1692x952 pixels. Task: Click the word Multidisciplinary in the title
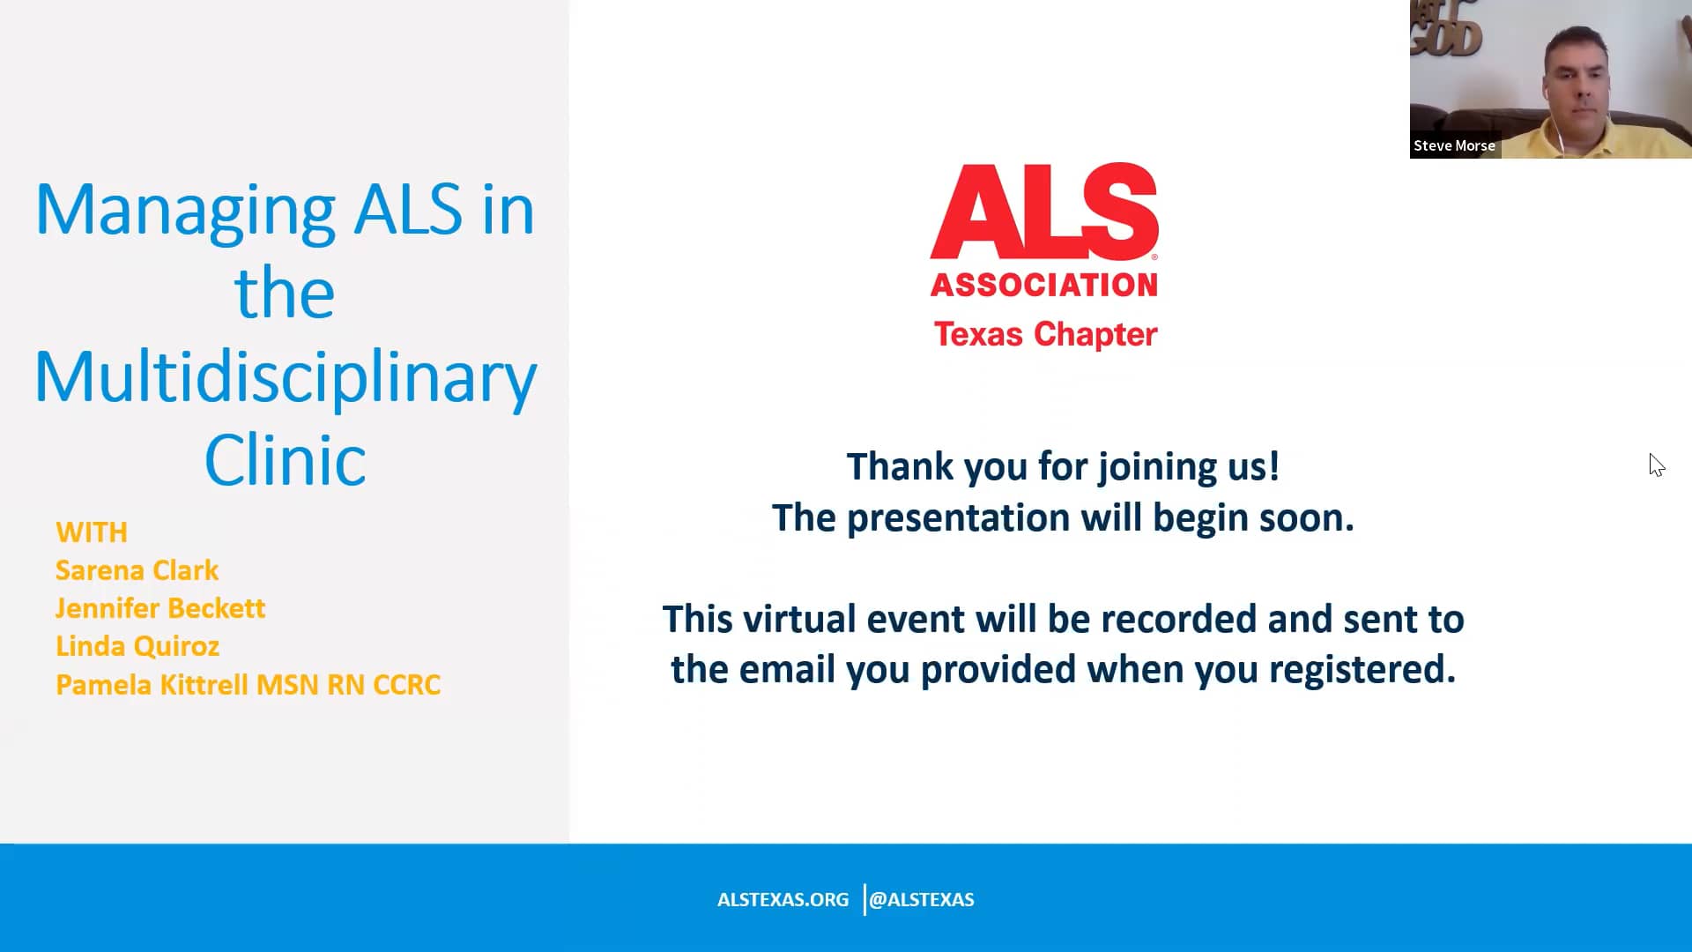point(285,376)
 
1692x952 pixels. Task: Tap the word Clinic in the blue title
point(285,460)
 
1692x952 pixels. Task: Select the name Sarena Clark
point(137,570)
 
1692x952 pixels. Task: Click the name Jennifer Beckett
point(160,608)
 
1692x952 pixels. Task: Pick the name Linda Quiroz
point(137,646)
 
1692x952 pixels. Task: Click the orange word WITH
point(91,532)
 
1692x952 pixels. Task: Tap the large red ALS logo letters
point(1044,212)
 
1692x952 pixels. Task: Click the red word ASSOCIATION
point(1044,285)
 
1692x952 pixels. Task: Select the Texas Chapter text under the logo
point(1045,335)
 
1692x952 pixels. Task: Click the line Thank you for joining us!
point(1063,466)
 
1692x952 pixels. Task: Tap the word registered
point(1362,669)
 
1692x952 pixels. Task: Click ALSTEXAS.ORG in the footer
point(783,900)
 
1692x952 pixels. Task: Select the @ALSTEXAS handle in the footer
point(922,900)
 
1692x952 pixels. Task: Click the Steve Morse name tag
point(1454,146)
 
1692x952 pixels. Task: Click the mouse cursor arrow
point(1656,465)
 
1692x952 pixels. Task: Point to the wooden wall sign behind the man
point(1445,31)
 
